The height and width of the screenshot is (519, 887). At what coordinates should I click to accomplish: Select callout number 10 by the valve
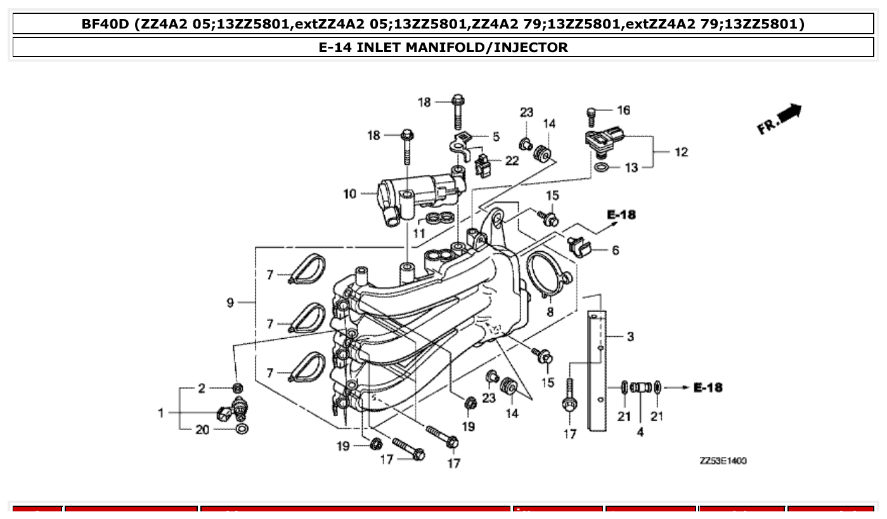[x=350, y=194]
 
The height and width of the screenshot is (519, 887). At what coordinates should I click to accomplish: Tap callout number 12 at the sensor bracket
[x=681, y=152]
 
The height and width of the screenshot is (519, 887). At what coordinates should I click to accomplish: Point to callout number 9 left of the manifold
[x=231, y=303]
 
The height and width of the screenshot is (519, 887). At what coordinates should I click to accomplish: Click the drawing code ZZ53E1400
[x=723, y=461]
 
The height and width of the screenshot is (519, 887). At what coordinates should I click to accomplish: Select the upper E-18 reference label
[x=621, y=214]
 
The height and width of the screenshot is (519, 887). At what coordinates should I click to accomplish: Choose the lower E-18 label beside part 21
[x=708, y=387]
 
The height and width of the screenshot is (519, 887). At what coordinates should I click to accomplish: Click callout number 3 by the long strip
[x=630, y=336]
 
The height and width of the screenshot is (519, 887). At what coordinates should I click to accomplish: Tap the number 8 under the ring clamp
[x=550, y=312]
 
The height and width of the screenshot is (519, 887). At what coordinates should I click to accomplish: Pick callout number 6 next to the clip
[x=615, y=250]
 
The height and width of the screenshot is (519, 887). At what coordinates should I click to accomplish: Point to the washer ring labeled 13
[x=602, y=168]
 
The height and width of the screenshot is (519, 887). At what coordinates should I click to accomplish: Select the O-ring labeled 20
[x=242, y=430]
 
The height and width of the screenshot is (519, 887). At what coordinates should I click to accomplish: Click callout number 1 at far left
[x=162, y=413]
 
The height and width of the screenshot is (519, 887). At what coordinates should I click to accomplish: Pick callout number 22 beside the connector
[x=512, y=161]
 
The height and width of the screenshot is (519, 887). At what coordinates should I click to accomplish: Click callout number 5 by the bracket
[x=496, y=136]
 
